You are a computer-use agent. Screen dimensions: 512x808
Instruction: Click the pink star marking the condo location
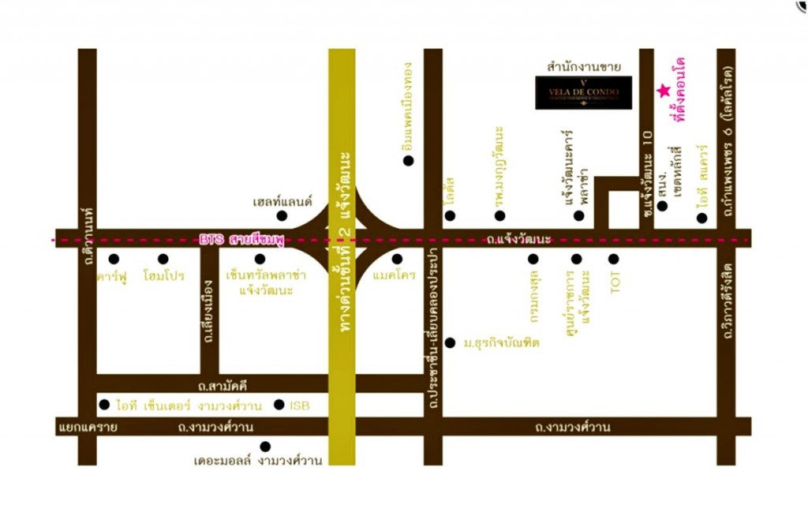663,92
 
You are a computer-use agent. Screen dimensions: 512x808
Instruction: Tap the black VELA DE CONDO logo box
583,92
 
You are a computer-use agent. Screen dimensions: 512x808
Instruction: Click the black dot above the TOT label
614,259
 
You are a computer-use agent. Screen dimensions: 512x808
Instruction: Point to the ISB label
300,405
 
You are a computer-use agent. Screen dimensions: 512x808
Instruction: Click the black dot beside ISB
279,405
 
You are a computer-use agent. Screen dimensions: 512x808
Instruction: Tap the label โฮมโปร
163,277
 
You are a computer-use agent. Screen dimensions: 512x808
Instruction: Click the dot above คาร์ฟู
114,259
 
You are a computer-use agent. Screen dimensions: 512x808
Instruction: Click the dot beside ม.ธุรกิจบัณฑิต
450,342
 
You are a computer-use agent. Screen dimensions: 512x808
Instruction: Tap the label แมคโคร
395,277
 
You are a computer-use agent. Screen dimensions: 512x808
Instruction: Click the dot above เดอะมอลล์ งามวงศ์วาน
265,447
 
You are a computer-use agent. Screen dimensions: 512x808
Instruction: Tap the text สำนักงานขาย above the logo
584,67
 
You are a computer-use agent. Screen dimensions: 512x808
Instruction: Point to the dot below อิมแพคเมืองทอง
408,161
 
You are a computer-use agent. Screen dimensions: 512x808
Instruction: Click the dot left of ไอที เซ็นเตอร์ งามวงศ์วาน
104,405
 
